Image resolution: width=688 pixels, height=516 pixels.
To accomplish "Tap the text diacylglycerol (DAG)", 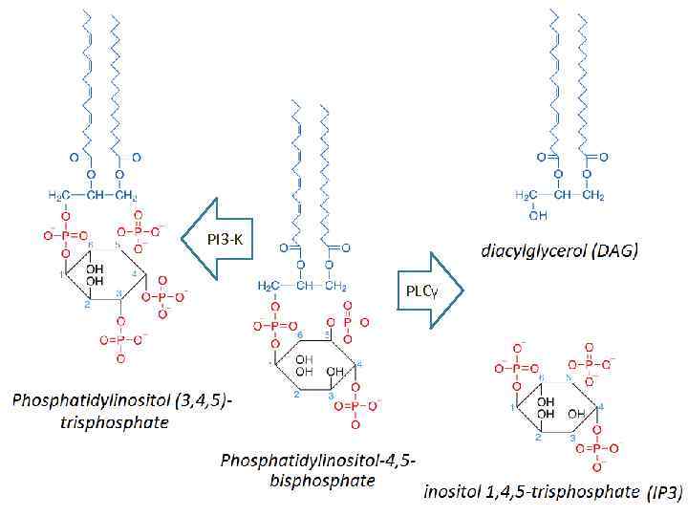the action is (x=560, y=252).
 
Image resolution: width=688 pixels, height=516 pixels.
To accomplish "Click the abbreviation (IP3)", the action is (x=663, y=493).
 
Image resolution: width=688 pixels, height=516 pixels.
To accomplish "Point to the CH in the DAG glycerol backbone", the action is (x=562, y=196).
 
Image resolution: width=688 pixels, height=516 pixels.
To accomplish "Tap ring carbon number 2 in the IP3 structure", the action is (x=537, y=439).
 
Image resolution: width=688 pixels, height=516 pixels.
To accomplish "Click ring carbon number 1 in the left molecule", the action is (x=60, y=276).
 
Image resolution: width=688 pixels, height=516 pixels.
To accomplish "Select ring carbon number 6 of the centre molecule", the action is (x=298, y=334).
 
